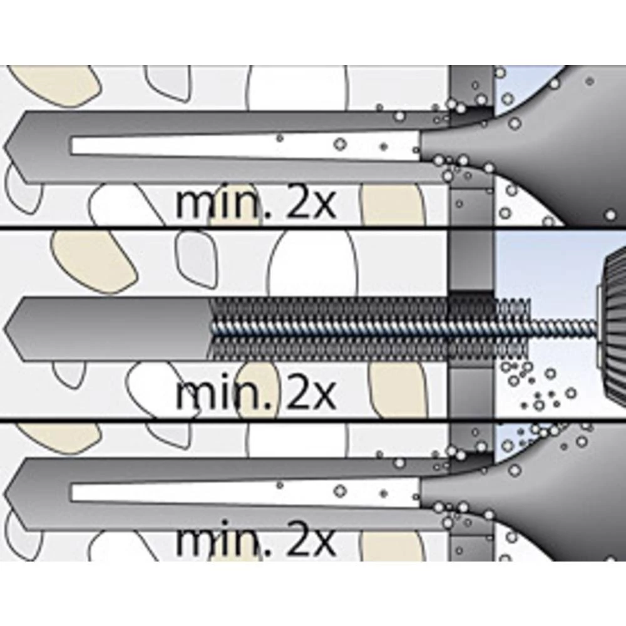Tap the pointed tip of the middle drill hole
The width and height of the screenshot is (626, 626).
tap(8, 329)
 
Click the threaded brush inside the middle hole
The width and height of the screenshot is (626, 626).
tap(332, 329)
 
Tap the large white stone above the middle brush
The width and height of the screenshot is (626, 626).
tap(313, 263)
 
